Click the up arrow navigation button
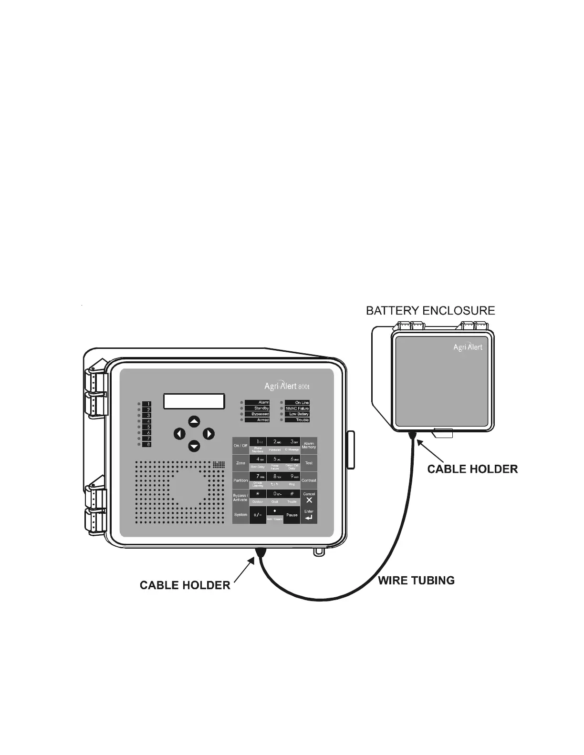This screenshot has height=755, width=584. (194, 421)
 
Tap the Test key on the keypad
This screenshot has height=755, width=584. (309, 463)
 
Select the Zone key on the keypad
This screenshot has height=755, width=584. (240, 463)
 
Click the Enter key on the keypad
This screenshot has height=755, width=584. (309, 515)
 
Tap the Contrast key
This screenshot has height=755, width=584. (309, 480)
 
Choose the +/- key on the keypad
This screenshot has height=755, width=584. (258, 515)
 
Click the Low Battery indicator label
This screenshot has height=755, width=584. (298, 414)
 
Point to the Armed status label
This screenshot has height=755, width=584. (257, 420)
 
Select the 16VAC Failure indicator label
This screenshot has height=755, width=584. (297, 408)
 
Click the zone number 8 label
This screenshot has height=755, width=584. (147, 444)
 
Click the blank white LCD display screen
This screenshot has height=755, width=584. (194, 401)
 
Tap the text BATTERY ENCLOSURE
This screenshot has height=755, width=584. (430, 311)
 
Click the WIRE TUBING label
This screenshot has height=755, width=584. (416, 581)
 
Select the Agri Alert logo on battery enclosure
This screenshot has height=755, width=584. (468, 347)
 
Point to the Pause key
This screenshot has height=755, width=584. (292, 515)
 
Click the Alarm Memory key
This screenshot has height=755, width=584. (309, 445)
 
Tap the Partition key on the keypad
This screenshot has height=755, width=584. (240, 480)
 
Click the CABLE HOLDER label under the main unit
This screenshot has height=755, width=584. (185, 585)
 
